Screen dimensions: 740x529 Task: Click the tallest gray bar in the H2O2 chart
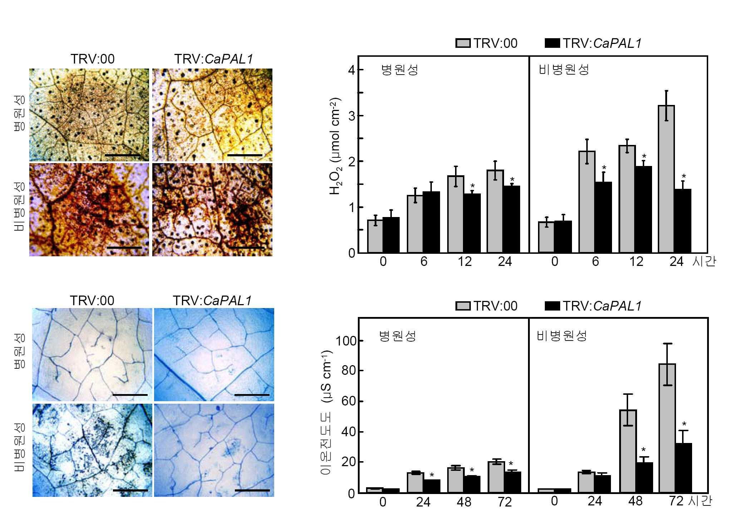(666, 179)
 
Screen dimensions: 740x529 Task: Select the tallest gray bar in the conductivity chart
(667, 428)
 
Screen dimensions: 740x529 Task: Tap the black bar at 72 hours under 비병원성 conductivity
(683, 468)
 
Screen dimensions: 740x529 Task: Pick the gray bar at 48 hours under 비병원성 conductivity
(628, 452)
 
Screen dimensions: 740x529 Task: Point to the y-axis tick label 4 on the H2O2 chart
(352, 70)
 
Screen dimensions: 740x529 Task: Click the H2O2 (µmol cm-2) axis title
(335, 146)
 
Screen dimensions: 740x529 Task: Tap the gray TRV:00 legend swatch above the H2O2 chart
(463, 43)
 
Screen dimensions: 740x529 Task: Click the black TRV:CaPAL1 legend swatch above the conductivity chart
(552, 306)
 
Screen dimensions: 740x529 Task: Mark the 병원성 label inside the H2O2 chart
(400, 70)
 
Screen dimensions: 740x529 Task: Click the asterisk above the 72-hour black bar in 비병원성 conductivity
(684, 424)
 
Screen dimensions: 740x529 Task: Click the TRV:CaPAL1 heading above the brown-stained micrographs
(214, 59)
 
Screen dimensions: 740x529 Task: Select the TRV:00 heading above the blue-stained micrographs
(92, 301)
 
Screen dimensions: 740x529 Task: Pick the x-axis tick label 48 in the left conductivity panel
(464, 502)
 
